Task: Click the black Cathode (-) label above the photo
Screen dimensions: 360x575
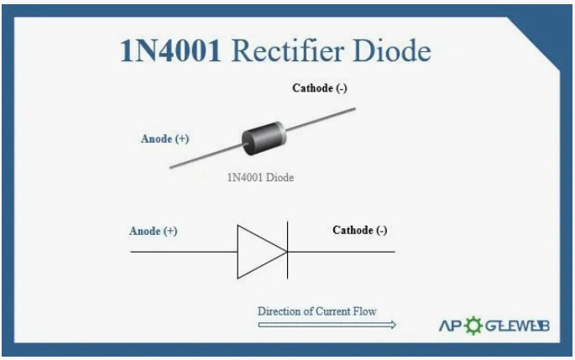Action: [x=320, y=88]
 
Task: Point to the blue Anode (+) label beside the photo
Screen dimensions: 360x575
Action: [x=165, y=139]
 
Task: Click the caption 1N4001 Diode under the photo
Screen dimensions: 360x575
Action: [x=260, y=178]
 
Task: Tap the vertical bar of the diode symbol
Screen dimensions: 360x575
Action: [x=288, y=251]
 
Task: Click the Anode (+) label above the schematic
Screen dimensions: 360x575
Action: [x=154, y=231]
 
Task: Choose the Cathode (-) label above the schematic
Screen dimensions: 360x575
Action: [x=360, y=230]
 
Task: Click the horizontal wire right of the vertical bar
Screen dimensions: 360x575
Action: [x=341, y=251]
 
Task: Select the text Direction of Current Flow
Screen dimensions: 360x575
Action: [x=317, y=311]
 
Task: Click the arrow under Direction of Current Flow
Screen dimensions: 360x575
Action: [x=327, y=324]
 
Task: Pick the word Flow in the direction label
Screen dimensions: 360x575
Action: [x=365, y=311]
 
